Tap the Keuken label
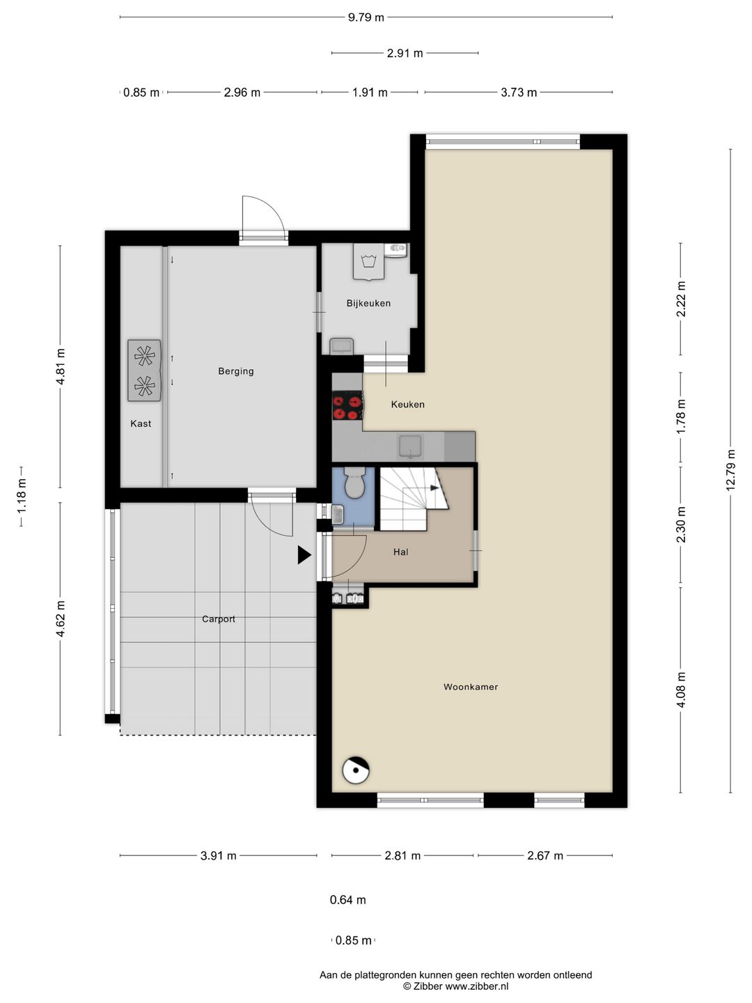408,405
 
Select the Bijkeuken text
368,304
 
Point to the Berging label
235,371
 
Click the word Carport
218,619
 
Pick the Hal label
401,552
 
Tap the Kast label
141,423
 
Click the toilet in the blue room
353,482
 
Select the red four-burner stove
347,406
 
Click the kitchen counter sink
411,446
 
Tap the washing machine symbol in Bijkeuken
368,261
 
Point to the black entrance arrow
304,554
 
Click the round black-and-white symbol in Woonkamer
356,770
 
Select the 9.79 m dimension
366,17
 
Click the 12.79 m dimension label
731,470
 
